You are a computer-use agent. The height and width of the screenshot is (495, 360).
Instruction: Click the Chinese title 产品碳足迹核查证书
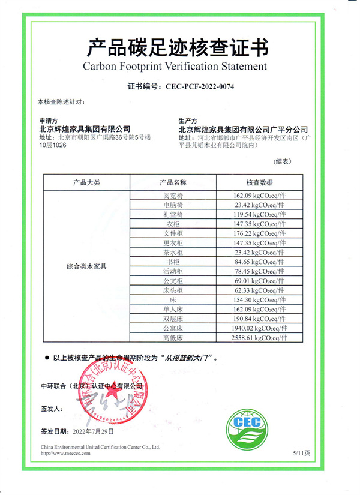click(178, 46)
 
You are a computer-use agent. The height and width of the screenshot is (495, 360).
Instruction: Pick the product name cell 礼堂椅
click(173, 214)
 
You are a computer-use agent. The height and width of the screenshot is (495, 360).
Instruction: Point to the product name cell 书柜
click(173, 262)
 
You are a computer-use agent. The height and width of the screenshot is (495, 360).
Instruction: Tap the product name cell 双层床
click(173, 319)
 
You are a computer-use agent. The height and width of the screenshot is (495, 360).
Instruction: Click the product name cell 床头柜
click(173, 290)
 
